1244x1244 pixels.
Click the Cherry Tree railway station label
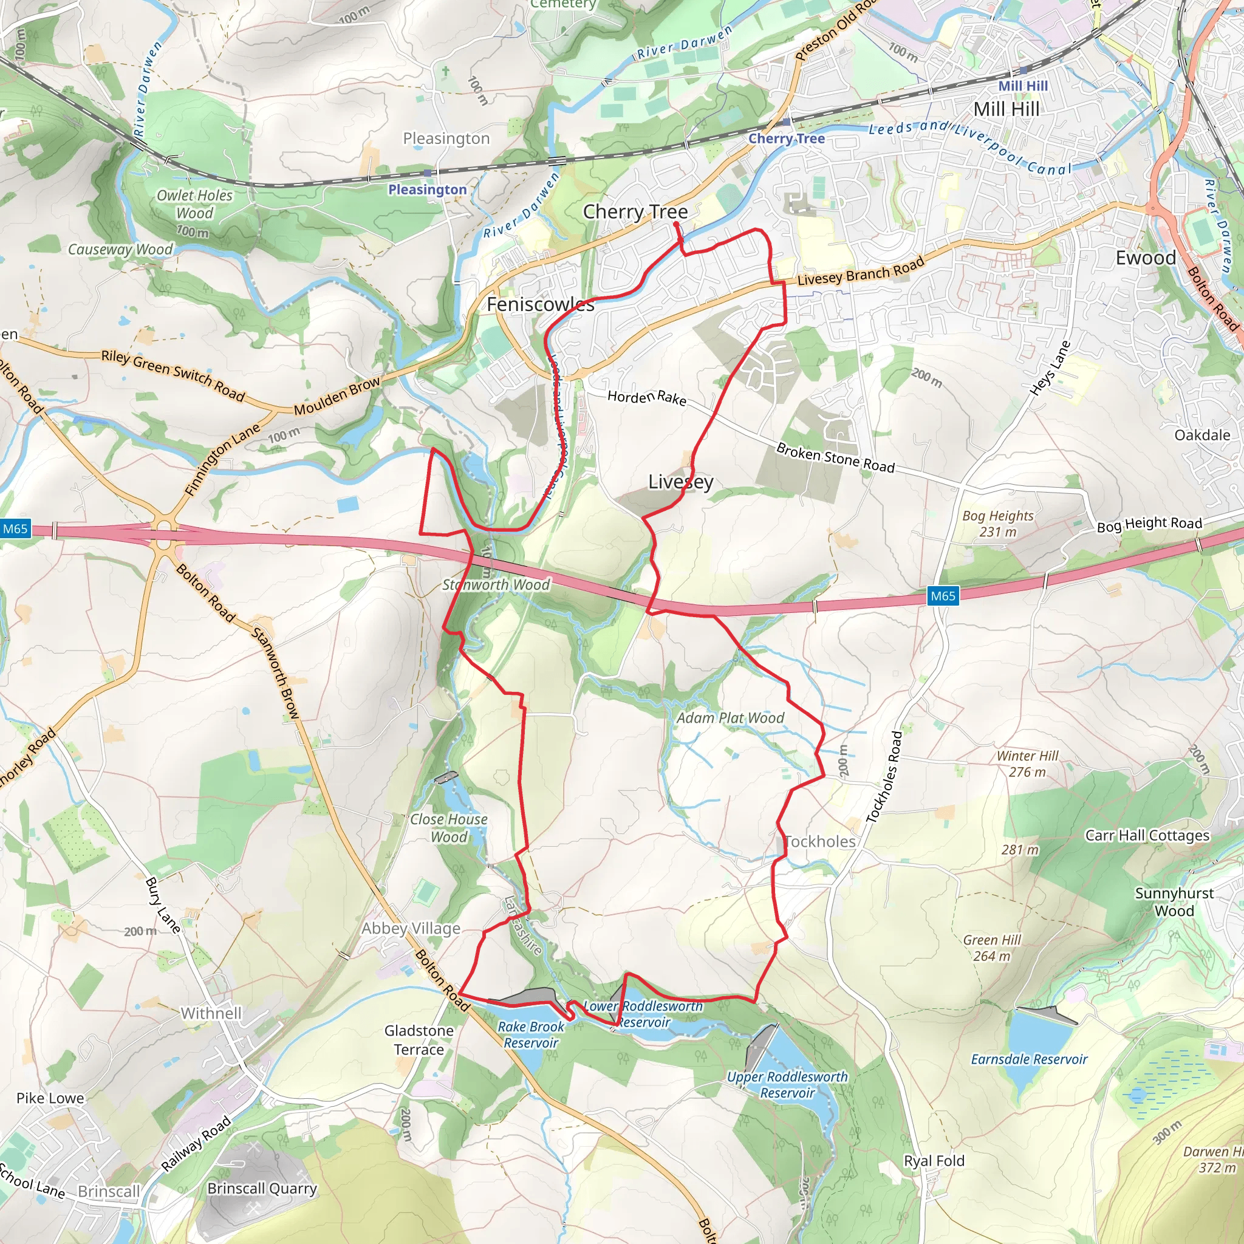coord(785,138)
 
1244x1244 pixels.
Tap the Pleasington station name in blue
coord(427,190)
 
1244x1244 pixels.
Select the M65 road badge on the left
coord(15,528)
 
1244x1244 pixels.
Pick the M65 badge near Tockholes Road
coord(943,596)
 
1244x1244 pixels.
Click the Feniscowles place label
coord(540,304)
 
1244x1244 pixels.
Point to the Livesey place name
coord(680,482)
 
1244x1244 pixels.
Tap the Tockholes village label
coord(820,841)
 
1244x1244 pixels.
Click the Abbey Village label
coord(411,928)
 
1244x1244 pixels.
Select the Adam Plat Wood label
coord(730,718)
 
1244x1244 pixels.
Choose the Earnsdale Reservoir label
coord(1029,1059)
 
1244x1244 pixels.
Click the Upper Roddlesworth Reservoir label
coord(787,1084)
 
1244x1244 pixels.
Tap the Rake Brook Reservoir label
coord(530,1034)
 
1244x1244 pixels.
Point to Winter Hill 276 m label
coord(1027,764)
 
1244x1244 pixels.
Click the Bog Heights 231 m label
coord(997,524)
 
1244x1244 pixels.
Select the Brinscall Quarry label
coord(262,1188)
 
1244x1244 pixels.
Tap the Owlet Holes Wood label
coord(194,204)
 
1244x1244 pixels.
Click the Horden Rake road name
coord(646,397)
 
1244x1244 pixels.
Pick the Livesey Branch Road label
coord(860,271)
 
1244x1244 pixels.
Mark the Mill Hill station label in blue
coord(1022,86)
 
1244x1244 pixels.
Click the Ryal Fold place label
coord(934,1160)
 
